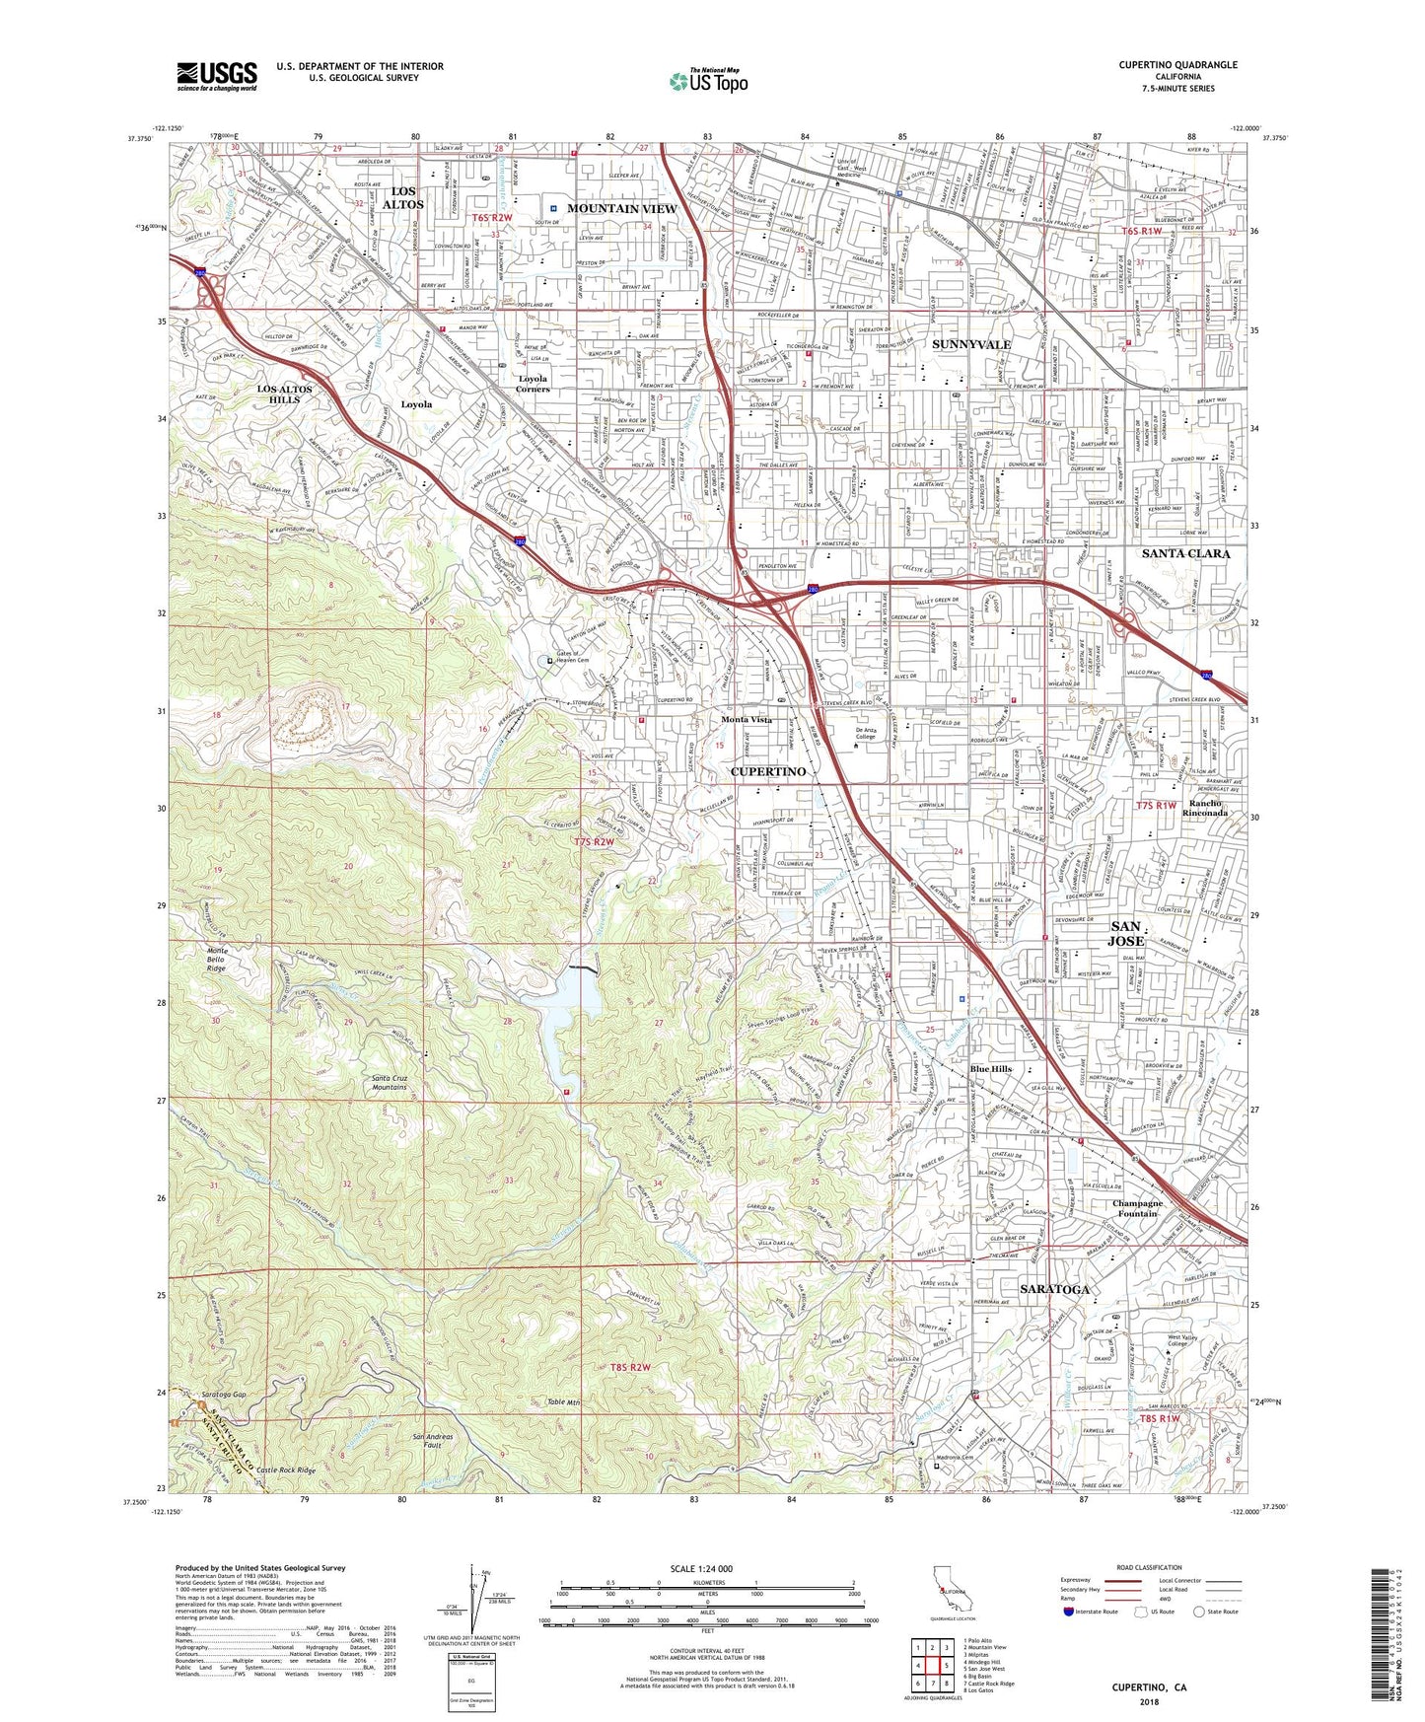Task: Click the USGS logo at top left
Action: [x=217, y=75]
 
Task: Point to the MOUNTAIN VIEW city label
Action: [x=621, y=209]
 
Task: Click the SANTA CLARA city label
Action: [x=1185, y=554]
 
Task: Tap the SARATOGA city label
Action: [x=1055, y=1289]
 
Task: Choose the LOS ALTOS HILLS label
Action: [x=284, y=394]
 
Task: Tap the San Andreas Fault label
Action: [x=434, y=1442]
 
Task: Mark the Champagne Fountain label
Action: [x=1137, y=1208]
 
